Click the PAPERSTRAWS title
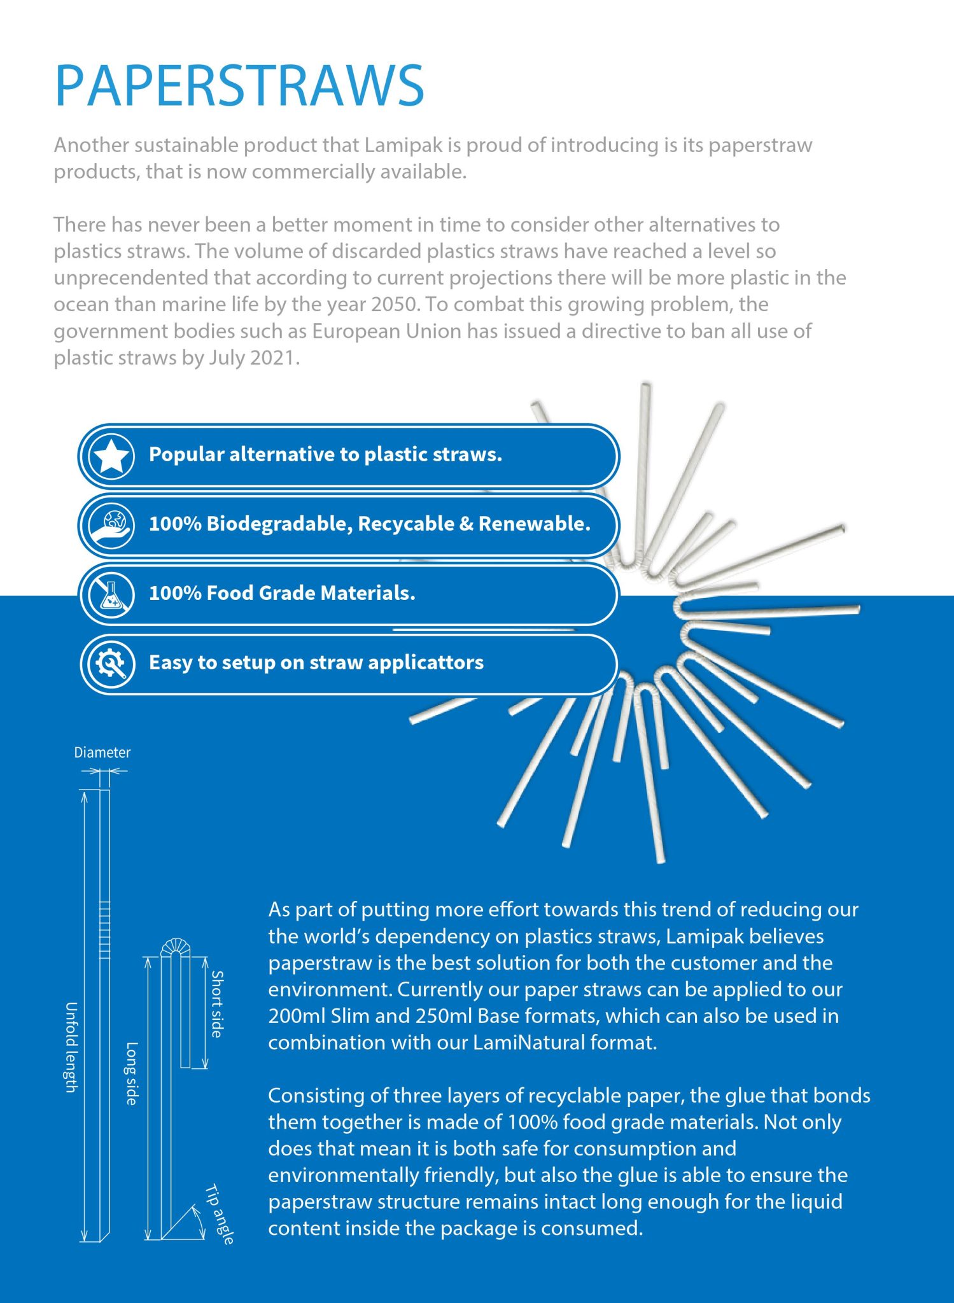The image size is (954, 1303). tap(239, 85)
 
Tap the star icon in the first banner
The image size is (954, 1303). tap(111, 456)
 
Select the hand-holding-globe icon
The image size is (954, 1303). tap(111, 526)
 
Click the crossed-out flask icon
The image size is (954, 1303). tap(111, 595)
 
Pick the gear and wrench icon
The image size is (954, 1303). tap(111, 664)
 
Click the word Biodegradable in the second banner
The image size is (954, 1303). tap(277, 524)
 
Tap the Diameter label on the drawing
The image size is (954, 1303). tap(102, 753)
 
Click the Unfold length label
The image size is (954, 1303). tap(71, 1047)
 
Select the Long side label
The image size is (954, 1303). tap(132, 1073)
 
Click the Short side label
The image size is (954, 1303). tap(218, 1004)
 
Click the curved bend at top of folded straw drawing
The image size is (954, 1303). tap(176, 946)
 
